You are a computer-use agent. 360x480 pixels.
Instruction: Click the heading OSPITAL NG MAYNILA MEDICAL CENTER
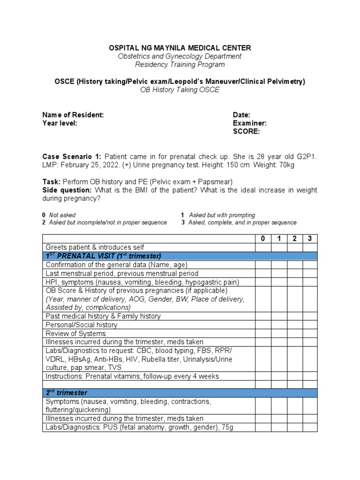coord(180,48)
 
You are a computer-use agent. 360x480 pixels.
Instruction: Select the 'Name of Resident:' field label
coord(73,115)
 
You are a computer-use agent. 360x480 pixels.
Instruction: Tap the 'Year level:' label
coord(60,123)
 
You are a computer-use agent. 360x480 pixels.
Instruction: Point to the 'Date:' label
coord(241,115)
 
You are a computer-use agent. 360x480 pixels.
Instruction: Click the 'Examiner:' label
coord(249,123)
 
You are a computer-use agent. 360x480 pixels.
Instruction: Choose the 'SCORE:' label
coord(246,132)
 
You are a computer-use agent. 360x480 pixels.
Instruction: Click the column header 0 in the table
coord(263,238)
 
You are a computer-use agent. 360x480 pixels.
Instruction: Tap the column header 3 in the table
coord(309,238)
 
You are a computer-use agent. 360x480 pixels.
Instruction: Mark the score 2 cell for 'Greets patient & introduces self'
coord(294,247)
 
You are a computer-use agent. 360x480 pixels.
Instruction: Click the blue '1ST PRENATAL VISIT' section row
coord(180,256)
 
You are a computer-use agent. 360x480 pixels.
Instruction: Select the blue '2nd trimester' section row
coord(180,393)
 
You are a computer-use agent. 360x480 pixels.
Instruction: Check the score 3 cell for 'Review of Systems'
coord(309,333)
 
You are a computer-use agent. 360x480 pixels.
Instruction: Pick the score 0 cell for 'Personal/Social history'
coord(263,325)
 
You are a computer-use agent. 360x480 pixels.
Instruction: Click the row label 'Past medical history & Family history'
coord(103,316)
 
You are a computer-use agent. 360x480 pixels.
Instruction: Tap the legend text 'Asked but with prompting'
coord(222,215)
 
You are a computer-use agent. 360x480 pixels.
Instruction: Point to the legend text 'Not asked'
coord(62,215)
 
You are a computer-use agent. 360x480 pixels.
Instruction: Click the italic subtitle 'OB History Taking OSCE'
coord(180,90)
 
